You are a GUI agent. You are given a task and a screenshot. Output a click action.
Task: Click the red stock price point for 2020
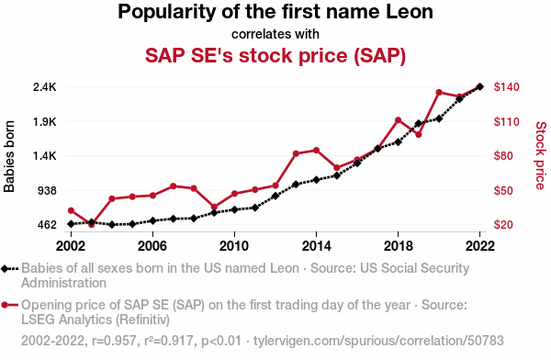pyautogui.click(x=439, y=93)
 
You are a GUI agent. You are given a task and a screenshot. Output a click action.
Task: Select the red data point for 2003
pyautogui.click(x=91, y=225)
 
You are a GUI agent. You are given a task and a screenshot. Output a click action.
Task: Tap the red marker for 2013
pyautogui.click(x=296, y=153)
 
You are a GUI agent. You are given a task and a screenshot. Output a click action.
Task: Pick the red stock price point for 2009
pyautogui.click(x=214, y=207)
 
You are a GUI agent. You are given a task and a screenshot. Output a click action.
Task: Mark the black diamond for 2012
pyautogui.click(x=275, y=196)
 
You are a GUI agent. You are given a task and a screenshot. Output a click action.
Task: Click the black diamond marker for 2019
pyautogui.click(x=419, y=123)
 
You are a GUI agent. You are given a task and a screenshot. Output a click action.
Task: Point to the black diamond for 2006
pyautogui.click(x=152, y=220)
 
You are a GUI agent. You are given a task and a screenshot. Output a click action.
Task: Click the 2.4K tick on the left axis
pyautogui.click(x=45, y=87)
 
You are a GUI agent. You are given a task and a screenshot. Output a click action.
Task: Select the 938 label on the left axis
pyautogui.click(x=47, y=191)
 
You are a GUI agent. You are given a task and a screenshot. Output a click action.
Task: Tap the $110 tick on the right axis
pyautogui.click(x=506, y=121)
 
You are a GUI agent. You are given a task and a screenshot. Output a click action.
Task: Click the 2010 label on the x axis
pyautogui.click(x=234, y=246)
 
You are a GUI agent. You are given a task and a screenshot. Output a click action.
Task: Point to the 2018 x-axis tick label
pyautogui.click(x=399, y=246)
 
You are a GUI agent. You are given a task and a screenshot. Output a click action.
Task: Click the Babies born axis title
pyautogui.click(x=9, y=156)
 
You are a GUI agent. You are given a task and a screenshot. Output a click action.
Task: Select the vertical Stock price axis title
pyautogui.click(x=541, y=155)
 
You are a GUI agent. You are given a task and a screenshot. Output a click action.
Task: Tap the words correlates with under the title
pyautogui.click(x=275, y=34)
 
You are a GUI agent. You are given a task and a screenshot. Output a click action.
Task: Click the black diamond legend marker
pyautogui.click(x=5, y=269)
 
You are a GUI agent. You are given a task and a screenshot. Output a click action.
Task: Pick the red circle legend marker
pyautogui.click(x=5, y=305)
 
